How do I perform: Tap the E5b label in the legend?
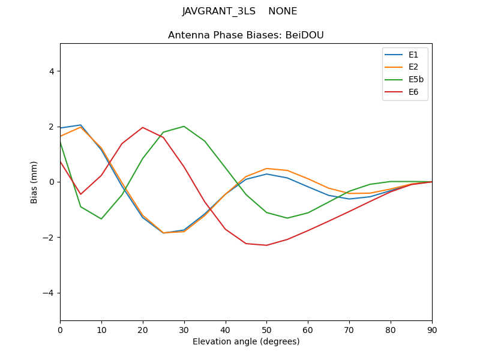point(416,80)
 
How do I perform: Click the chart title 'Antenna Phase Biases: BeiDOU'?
point(245,35)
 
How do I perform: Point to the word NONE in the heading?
point(283,11)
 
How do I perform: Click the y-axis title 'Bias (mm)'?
point(34,182)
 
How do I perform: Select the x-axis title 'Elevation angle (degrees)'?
point(245,341)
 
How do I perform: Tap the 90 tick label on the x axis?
point(431,329)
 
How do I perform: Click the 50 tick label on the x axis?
point(266,329)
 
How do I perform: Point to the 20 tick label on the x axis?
point(143,329)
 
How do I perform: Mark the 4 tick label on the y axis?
point(51,71)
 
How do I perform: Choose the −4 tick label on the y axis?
point(49,293)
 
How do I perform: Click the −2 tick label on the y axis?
point(49,238)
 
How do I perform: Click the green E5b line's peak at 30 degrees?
point(184,126)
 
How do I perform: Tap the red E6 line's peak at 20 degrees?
point(143,127)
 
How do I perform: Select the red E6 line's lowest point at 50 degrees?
point(266,245)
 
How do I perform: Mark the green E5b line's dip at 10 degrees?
point(101,218)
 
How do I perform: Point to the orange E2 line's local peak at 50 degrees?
point(266,169)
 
